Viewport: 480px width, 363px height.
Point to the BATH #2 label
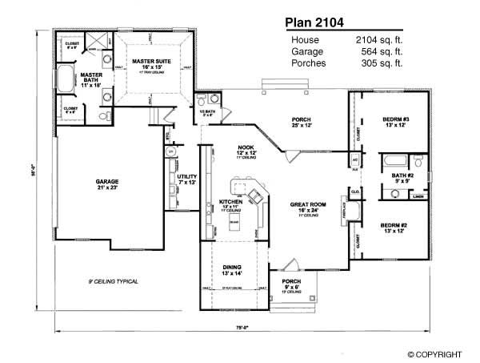click(401, 178)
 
